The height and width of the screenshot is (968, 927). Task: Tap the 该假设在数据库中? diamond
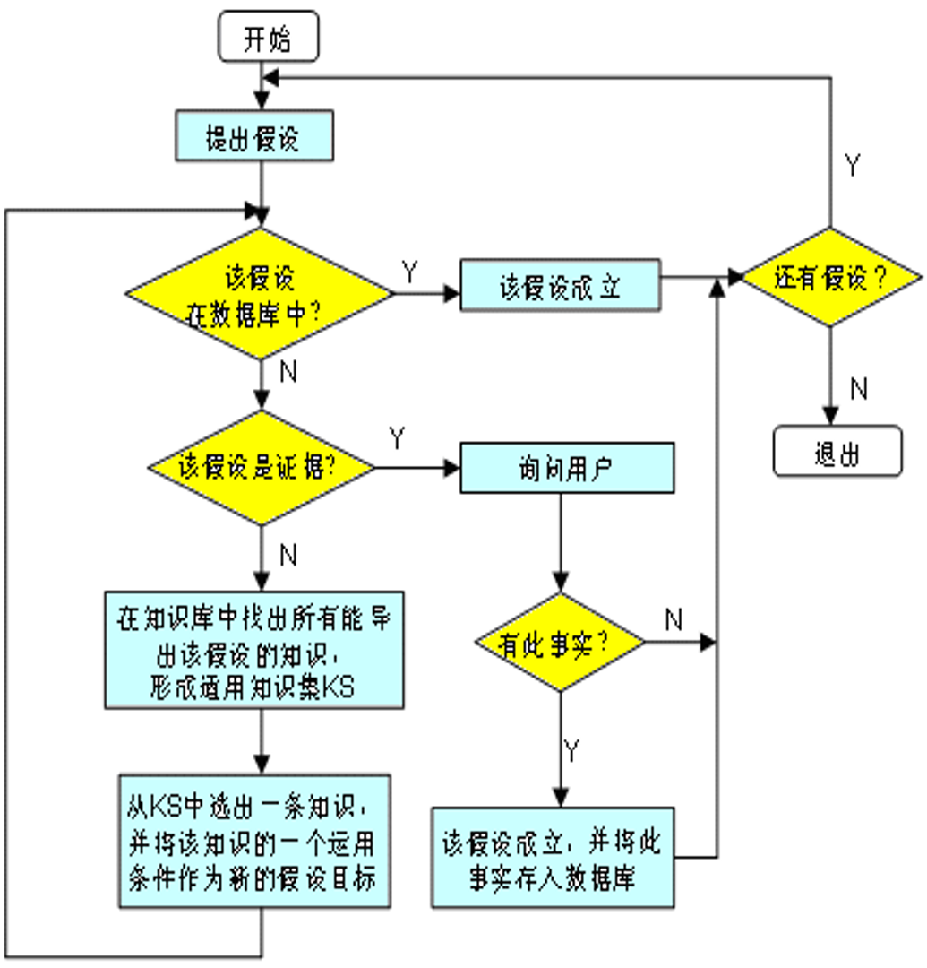tap(259, 293)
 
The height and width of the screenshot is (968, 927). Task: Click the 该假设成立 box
tap(560, 286)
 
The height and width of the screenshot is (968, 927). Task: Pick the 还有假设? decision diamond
tap(830, 278)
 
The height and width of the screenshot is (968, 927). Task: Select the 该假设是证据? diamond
tap(262, 467)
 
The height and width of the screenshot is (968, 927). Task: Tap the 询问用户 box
tap(566, 468)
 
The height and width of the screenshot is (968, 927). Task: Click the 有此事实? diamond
tap(560, 643)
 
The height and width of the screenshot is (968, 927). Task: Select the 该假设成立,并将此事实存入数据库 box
tap(553, 859)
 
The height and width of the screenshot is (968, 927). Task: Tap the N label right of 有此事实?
tap(674, 618)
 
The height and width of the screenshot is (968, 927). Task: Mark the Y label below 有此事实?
tap(572, 751)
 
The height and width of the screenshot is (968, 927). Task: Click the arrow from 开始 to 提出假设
tap(261, 86)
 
